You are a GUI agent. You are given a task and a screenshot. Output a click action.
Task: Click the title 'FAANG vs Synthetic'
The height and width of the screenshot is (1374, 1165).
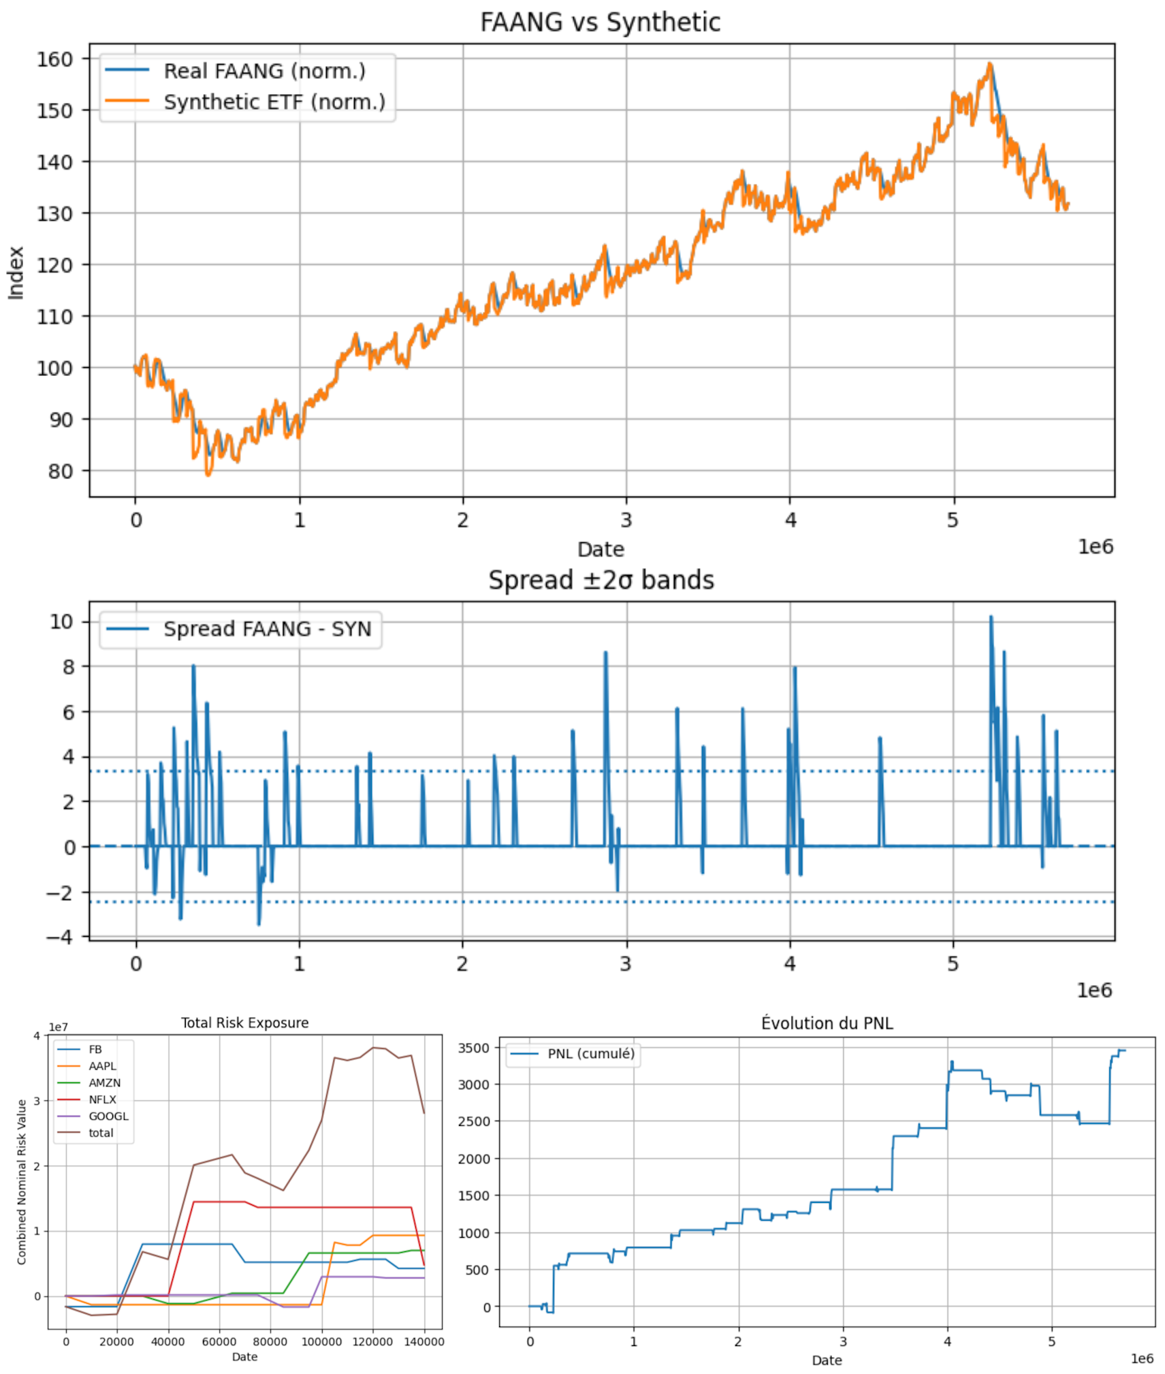point(599,22)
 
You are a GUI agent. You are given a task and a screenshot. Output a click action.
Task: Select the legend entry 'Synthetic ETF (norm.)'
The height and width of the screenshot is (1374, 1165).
point(274,102)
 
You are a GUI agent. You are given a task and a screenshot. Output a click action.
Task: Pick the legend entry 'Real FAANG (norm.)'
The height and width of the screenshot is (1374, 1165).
point(264,71)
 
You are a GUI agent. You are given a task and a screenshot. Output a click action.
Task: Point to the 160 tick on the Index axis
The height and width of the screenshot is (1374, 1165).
point(54,59)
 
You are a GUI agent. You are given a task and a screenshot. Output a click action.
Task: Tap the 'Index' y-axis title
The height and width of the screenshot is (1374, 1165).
point(16,272)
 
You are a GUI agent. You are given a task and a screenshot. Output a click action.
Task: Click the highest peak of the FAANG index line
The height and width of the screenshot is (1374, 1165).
point(989,64)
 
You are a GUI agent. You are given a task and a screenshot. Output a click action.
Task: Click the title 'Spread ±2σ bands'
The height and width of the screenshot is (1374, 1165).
point(601,580)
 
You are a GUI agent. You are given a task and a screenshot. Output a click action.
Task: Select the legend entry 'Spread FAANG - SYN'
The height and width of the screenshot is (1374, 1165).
point(267,628)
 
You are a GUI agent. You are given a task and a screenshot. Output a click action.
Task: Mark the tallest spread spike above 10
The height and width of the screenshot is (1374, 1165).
point(991,617)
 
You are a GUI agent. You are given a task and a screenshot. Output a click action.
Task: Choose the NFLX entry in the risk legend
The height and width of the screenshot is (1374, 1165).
point(102,1099)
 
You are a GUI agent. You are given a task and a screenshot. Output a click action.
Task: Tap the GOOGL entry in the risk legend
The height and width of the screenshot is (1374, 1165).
point(108,1116)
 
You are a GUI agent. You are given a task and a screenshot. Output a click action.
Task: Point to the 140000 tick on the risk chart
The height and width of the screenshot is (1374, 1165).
point(424,1341)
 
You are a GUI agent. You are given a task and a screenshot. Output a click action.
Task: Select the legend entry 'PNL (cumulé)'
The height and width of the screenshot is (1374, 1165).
point(590,1053)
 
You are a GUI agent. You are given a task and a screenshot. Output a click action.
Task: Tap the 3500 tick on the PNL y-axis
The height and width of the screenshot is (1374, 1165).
point(473,1048)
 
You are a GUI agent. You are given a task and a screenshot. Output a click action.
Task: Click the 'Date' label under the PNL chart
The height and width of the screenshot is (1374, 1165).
point(826,1360)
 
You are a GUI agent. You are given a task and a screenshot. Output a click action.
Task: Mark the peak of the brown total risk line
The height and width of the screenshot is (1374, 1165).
point(373,1047)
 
